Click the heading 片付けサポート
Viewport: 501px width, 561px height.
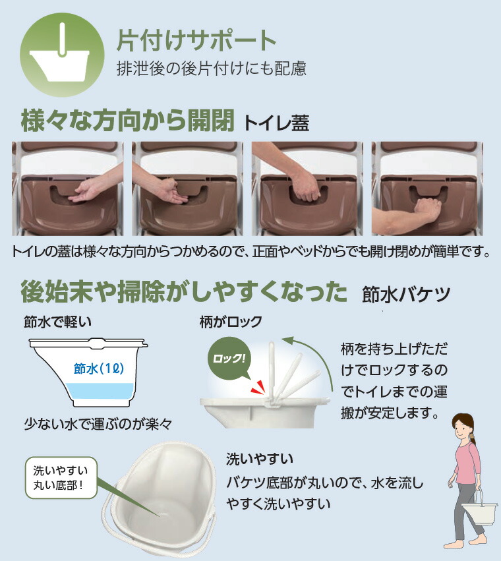pyautogui.click(x=196, y=41)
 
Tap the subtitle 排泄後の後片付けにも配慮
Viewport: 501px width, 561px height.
pyautogui.click(x=211, y=68)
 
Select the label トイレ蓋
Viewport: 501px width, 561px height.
pyautogui.click(x=276, y=123)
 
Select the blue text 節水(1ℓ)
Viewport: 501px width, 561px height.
pyautogui.click(x=100, y=369)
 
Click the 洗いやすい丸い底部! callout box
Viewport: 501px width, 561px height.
pyautogui.click(x=61, y=478)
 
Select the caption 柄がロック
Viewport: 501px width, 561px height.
pyautogui.click(x=231, y=322)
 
